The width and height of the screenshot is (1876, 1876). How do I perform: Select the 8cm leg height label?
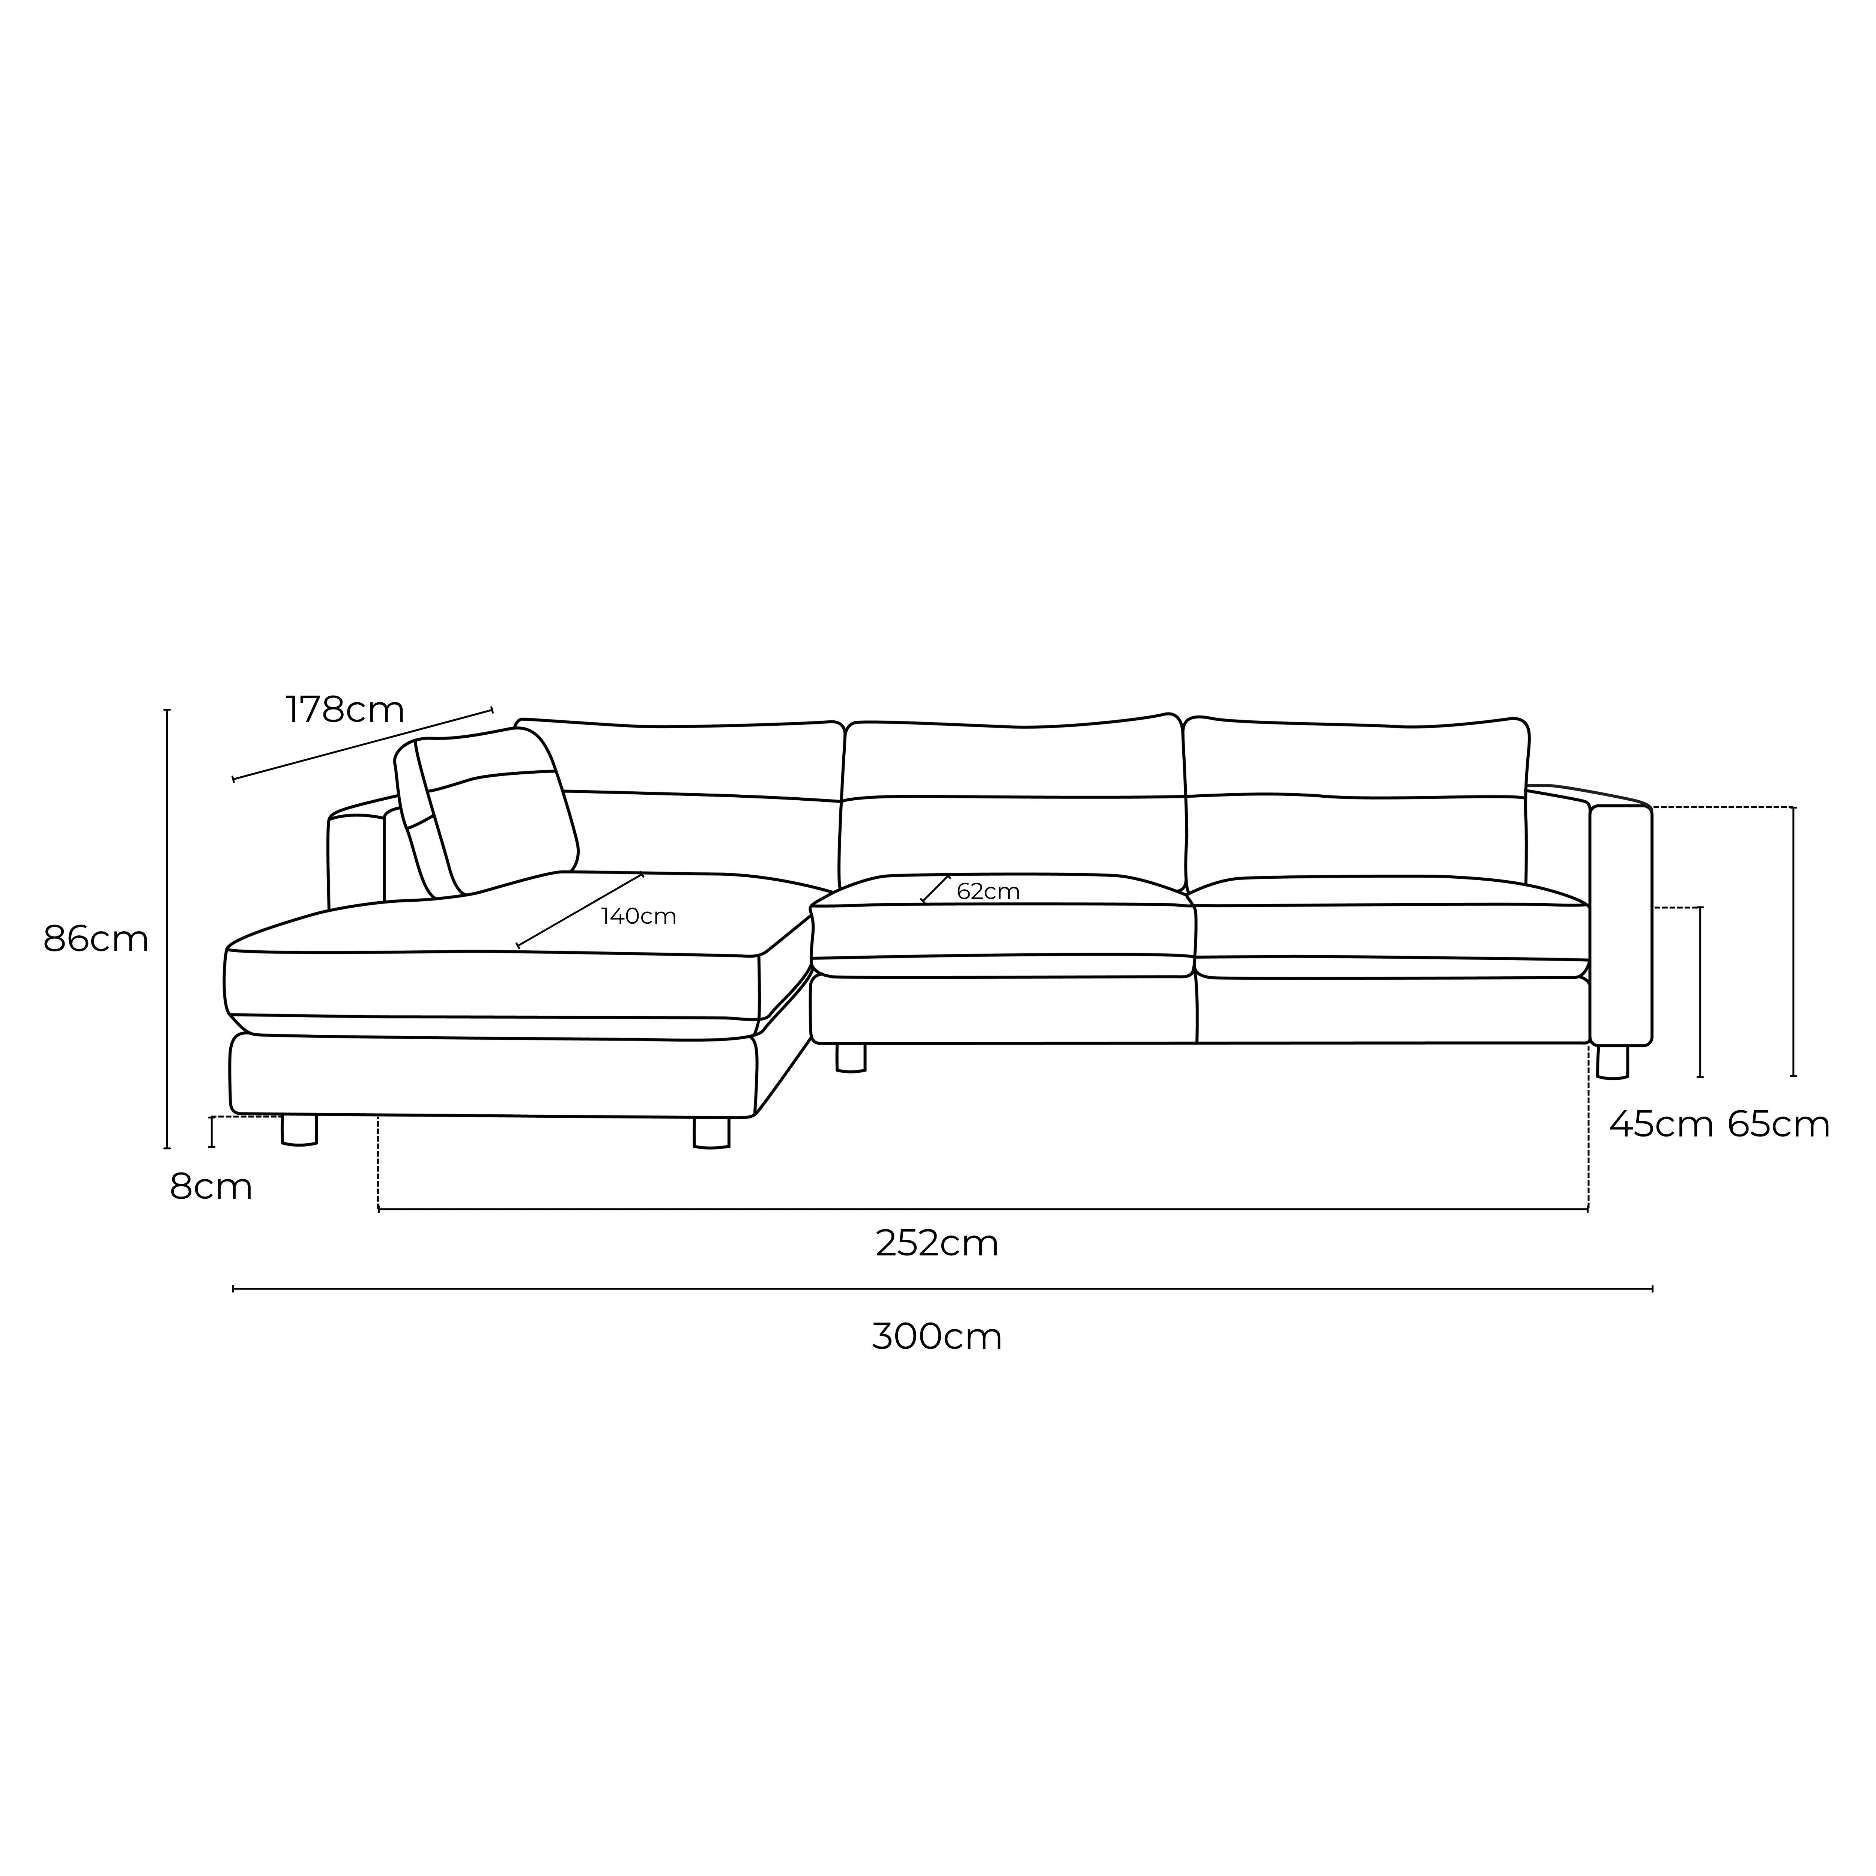point(211,1187)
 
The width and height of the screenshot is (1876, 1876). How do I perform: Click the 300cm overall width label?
point(937,1337)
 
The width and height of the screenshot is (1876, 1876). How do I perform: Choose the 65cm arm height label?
point(1779,1124)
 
